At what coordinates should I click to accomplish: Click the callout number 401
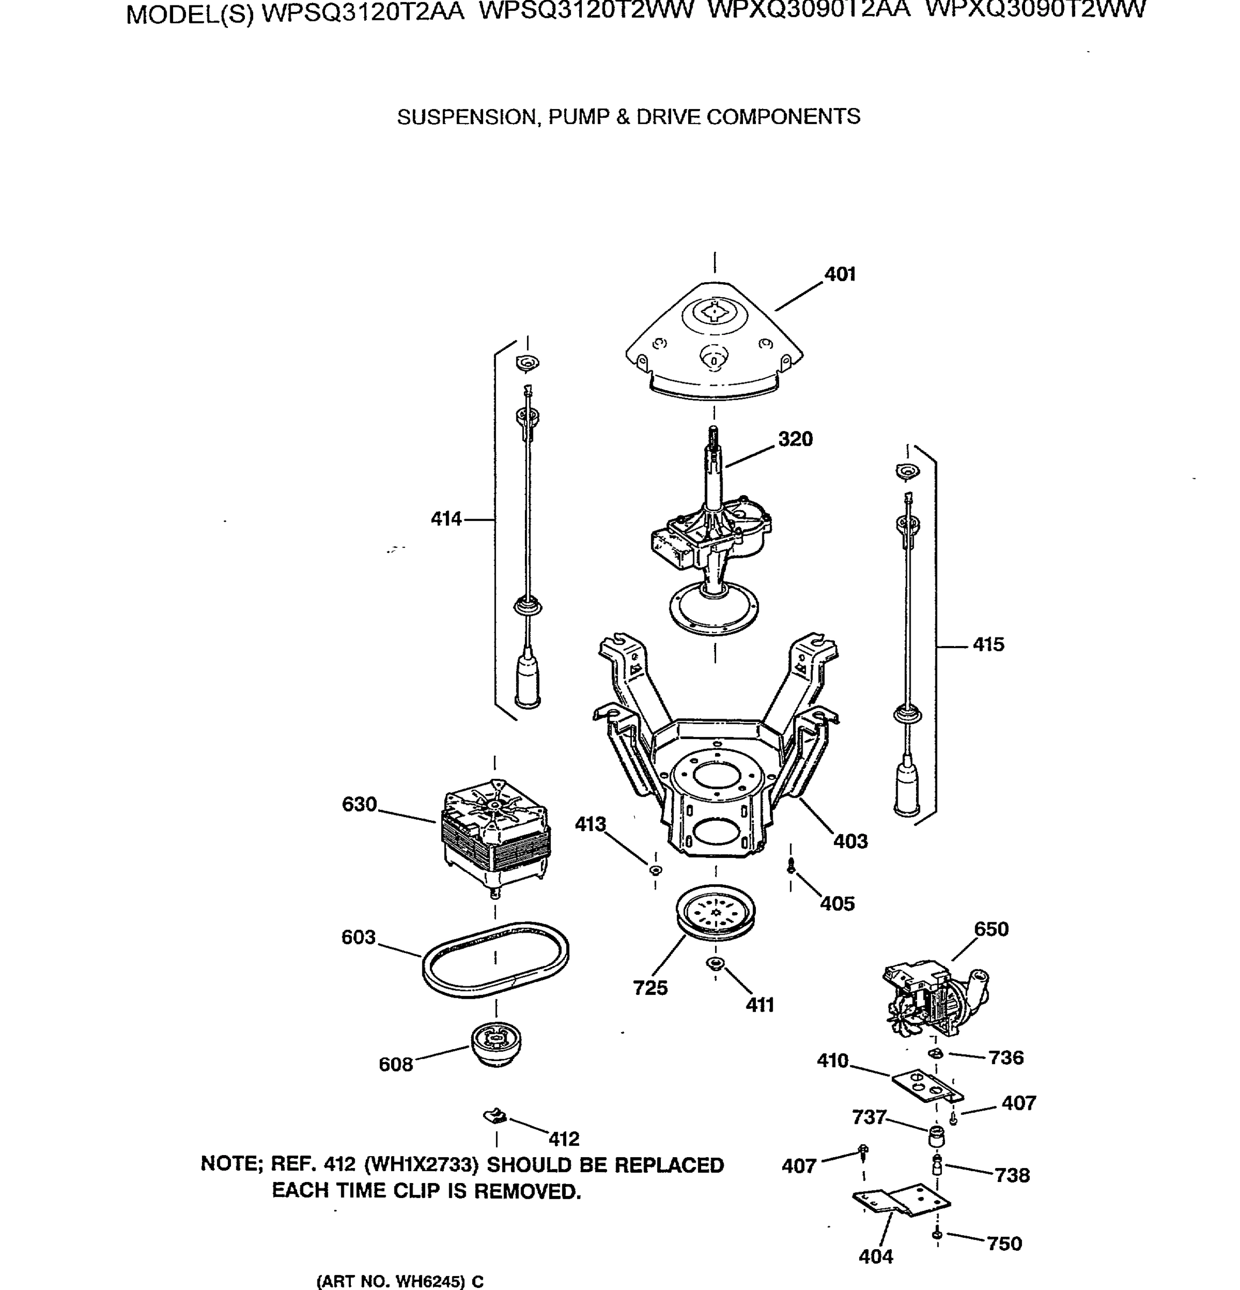click(x=840, y=275)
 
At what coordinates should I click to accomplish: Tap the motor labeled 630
click(x=495, y=836)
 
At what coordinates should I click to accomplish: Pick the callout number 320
click(x=795, y=439)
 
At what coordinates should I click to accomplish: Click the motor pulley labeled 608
click(x=496, y=1044)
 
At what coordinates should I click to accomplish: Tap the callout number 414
click(x=446, y=519)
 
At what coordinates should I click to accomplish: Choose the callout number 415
click(x=988, y=645)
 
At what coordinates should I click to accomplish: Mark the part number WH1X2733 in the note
click(x=421, y=1165)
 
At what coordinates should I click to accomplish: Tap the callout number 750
click(x=1005, y=1243)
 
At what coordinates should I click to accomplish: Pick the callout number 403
click(x=850, y=841)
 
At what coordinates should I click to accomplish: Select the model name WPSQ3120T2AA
click(x=363, y=12)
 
